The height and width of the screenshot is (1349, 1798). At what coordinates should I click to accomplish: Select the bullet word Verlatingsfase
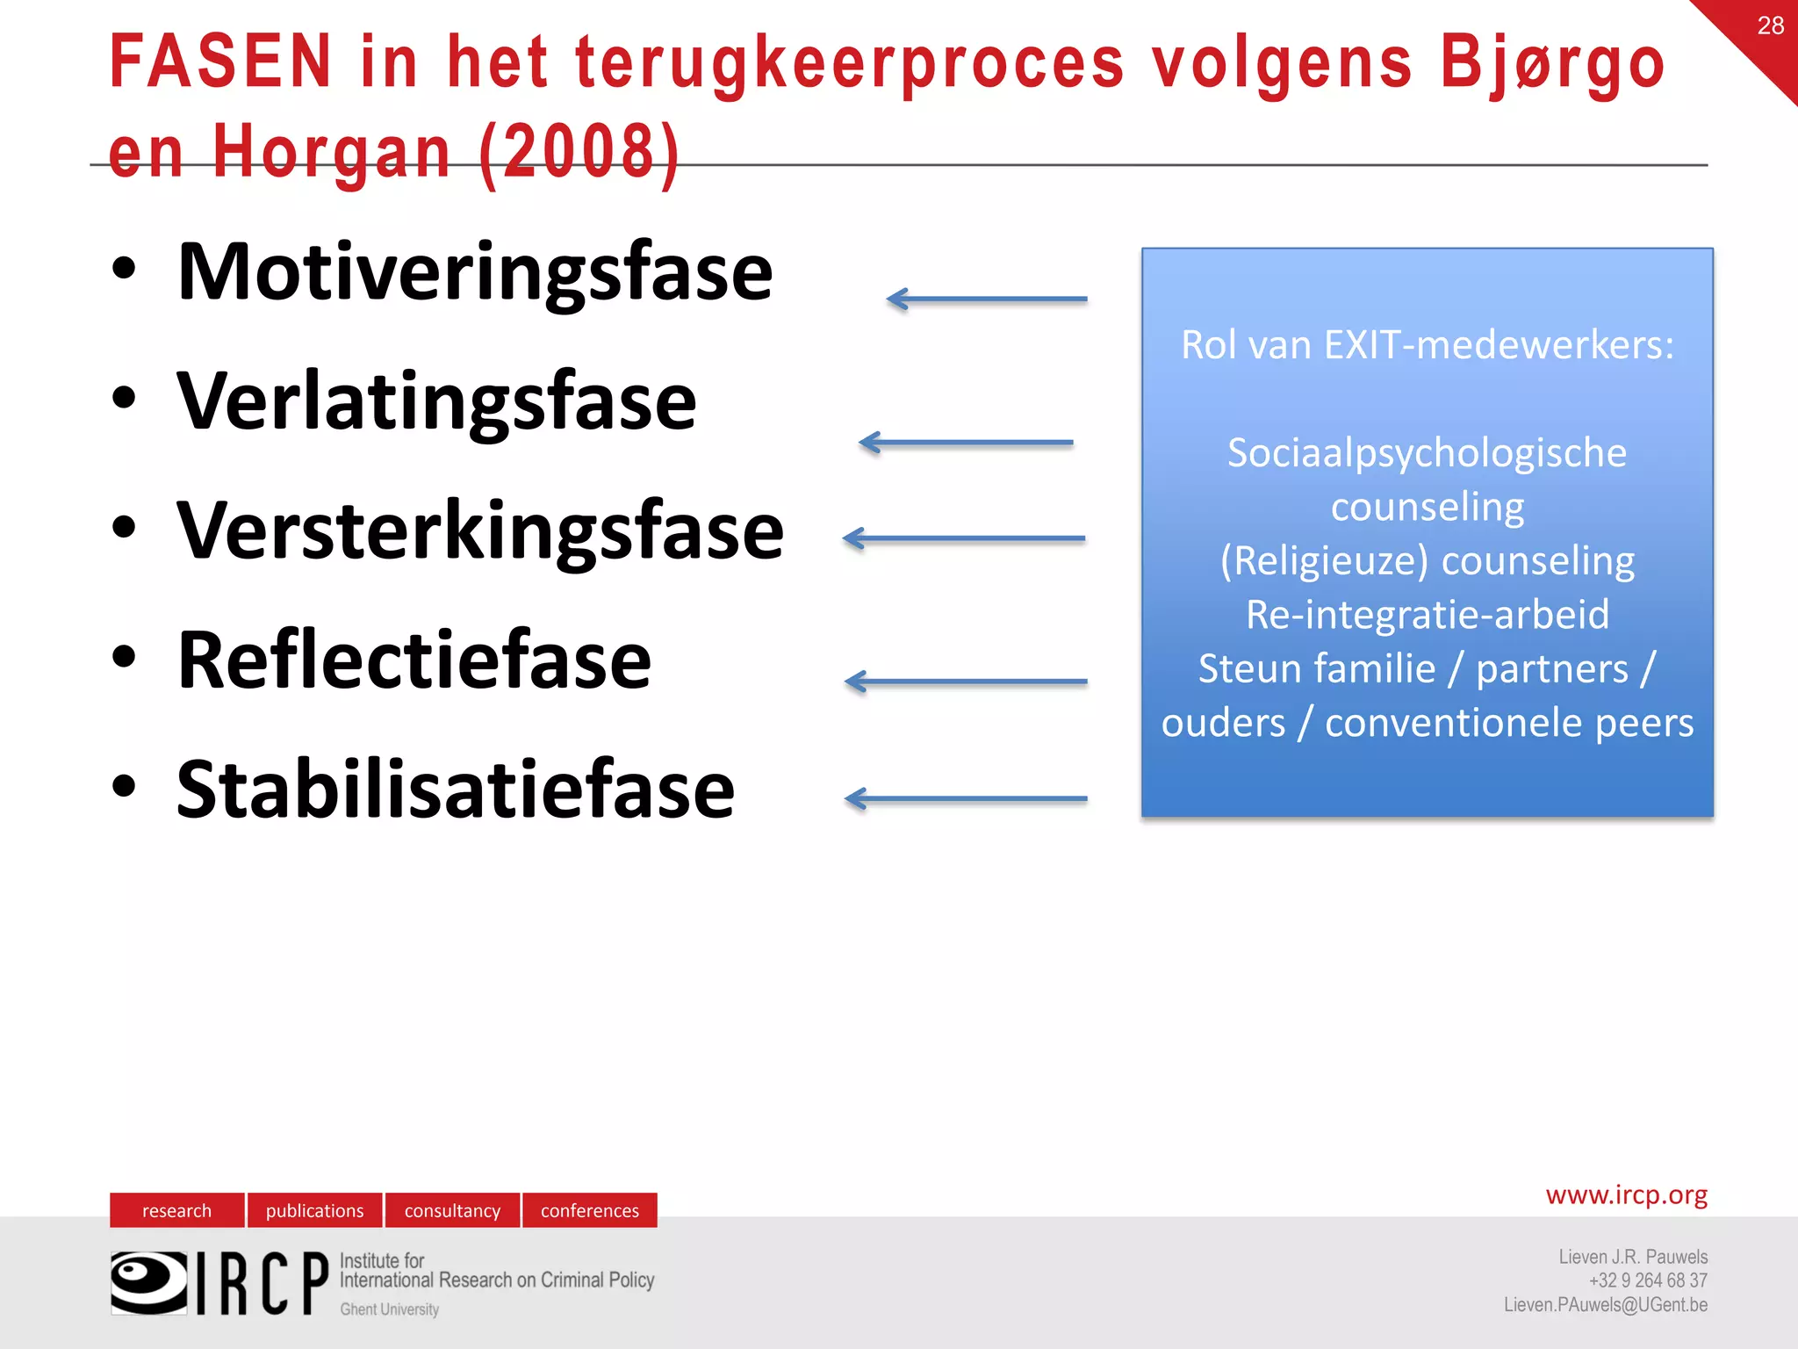click(436, 401)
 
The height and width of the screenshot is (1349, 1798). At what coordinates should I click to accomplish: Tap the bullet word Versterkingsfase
click(479, 530)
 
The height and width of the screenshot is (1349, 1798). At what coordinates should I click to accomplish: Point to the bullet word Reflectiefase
click(414, 660)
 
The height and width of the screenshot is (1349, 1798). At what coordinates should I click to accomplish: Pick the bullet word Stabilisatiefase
click(455, 790)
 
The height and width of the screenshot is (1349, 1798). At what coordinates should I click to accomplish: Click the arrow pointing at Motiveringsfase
click(987, 299)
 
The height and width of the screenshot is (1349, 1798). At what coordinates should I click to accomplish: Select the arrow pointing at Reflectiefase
click(966, 682)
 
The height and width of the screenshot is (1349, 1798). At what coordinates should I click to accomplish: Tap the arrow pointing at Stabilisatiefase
click(966, 799)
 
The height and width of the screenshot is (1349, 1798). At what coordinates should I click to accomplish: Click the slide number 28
click(1770, 25)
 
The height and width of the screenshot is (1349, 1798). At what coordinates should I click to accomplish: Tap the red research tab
click(176, 1210)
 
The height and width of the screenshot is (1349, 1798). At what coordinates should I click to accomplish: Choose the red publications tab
click(314, 1210)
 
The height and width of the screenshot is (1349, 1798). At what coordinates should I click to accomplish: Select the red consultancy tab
click(452, 1210)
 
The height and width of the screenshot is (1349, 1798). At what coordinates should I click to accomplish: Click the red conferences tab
click(590, 1210)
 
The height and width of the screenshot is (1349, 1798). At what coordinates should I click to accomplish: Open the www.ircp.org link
click(1626, 1195)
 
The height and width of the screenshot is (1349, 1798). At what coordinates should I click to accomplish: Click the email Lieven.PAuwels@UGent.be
click(1605, 1305)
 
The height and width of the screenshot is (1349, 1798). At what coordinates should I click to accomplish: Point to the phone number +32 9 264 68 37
click(1647, 1280)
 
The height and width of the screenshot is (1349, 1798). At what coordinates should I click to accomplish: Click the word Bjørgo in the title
click(1551, 63)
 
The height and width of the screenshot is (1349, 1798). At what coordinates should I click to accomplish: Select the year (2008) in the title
click(579, 151)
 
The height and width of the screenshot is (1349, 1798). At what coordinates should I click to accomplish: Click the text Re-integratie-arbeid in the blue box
click(1428, 615)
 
